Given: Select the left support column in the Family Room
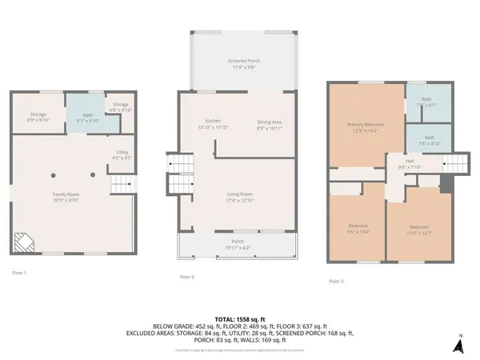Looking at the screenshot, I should [54, 174].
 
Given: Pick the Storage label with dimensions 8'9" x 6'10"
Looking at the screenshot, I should [38, 117].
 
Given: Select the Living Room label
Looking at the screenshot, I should [241, 196].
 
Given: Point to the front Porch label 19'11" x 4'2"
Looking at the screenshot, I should [238, 245].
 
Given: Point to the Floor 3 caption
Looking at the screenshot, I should [337, 281].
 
